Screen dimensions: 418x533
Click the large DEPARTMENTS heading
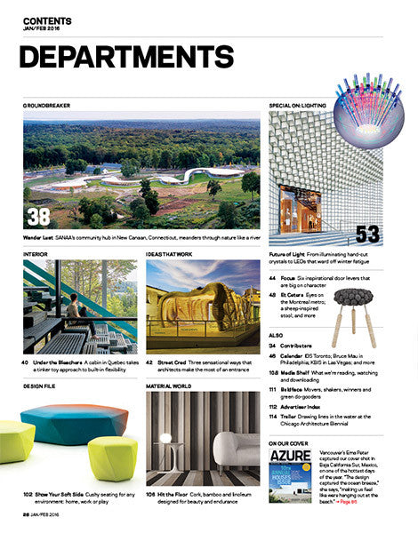pos(125,58)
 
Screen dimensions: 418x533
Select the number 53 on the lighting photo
pos(368,234)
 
